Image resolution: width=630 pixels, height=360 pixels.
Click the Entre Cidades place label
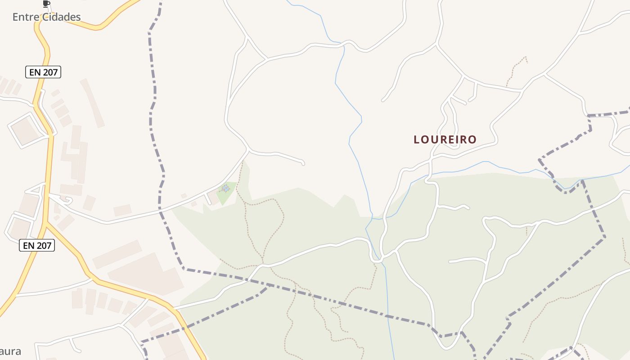tap(46, 17)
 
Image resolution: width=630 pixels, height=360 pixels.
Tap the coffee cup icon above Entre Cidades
tap(46, 4)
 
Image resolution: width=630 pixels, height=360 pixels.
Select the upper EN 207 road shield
tap(43, 72)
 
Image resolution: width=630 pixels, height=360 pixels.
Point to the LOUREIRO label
tap(445, 139)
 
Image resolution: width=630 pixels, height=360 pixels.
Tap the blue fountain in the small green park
tap(226, 189)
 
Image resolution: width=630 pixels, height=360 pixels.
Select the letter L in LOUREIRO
tap(417, 139)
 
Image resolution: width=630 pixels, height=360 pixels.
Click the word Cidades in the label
tap(62, 17)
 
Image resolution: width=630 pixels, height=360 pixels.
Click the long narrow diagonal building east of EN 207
tap(92, 103)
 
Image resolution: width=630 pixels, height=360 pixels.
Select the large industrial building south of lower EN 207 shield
tap(144, 274)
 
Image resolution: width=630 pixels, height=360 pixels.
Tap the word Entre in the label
tap(26, 17)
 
